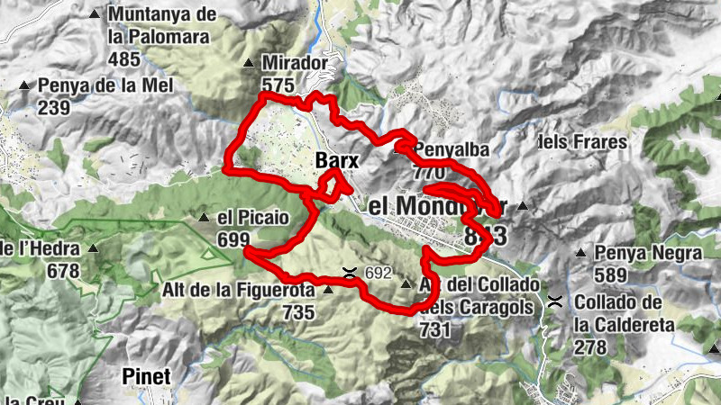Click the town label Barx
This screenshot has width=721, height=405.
tap(338, 161)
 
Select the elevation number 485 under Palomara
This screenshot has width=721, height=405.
tap(123, 59)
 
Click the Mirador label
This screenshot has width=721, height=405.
tap(291, 63)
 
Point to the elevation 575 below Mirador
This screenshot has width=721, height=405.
tap(278, 85)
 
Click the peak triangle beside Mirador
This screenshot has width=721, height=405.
tap(249, 63)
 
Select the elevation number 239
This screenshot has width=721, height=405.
tap(55, 106)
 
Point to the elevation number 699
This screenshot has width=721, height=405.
tap(233, 239)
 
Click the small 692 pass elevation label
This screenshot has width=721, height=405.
tap(379, 272)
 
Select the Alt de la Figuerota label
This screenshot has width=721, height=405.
tap(238, 291)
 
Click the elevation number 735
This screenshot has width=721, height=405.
tap(297, 312)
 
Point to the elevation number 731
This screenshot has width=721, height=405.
tap(434, 330)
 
